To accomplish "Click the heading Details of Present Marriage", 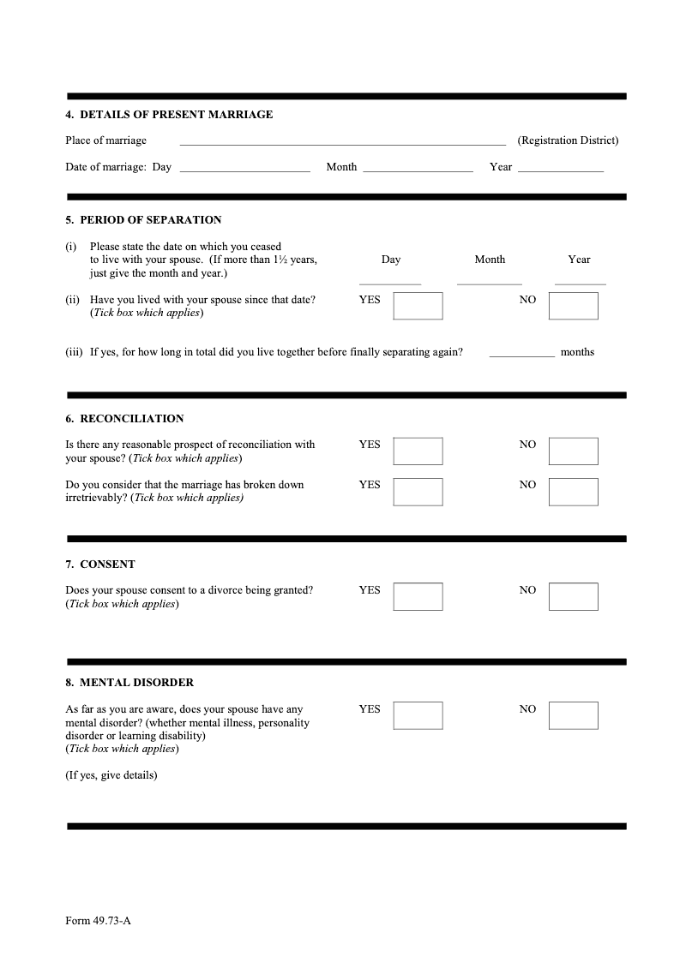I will coord(169,115).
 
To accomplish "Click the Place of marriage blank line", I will coord(342,142).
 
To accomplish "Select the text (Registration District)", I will coord(567,140).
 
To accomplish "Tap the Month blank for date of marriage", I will coord(418,169).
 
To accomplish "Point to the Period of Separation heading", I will coord(143,220).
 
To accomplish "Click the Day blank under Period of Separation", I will coord(390,280).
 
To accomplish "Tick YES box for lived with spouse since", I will coord(418,306).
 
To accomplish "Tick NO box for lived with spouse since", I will coord(573,306).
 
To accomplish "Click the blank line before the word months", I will coord(521,355).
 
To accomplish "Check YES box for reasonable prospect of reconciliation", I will coord(418,451).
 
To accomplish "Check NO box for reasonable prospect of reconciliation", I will coord(573,451).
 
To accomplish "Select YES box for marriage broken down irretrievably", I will coord(418,492).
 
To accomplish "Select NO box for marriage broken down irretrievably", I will coord(573,492).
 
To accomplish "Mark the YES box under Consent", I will coord(418,597).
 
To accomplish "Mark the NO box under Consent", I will coord(573,597).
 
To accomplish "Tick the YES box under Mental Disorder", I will coord(418,716).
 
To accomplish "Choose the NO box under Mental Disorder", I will coord(573,716).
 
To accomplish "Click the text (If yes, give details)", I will coord(111,776).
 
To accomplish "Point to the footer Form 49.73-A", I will coord(98,922).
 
